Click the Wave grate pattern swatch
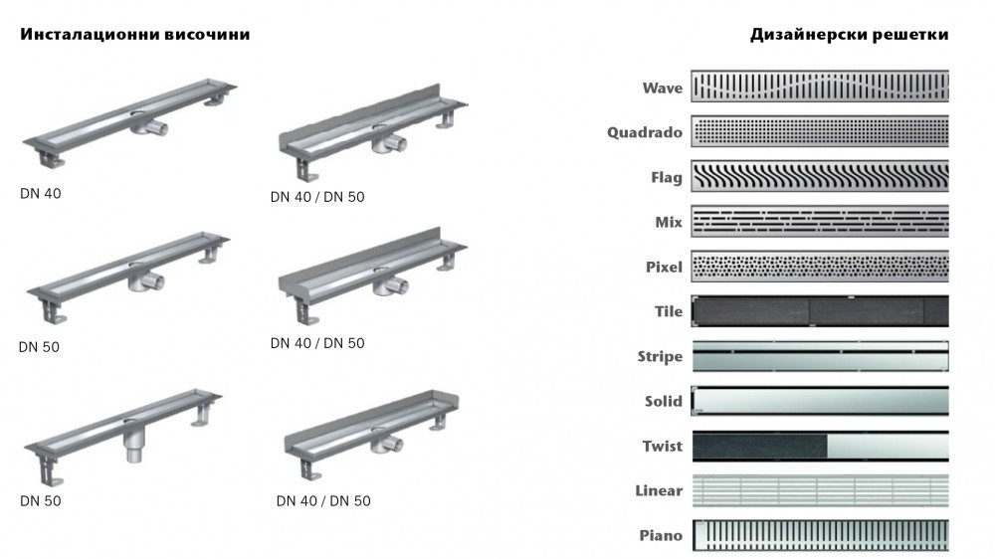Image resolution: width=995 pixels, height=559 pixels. (x=820, y=87)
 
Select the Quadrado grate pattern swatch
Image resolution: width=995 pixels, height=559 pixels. (x=820, y=132)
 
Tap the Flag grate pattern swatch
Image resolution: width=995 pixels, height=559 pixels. (x=820, y=177)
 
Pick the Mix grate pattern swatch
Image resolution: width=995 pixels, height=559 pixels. (x=820, y=222)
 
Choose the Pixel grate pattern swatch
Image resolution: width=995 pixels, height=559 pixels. (x=820, y=267)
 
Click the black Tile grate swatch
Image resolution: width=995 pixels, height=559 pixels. (x=820, y=311)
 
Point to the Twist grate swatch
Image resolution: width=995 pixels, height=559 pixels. (x=820, y=446)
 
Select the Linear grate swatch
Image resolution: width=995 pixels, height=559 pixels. (x=820, y=490)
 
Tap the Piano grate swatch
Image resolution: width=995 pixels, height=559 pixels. (x=820, y=535)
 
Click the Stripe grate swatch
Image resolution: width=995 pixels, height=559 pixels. (x=820, y=356)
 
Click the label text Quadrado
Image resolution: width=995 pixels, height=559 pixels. (x=645, y=133)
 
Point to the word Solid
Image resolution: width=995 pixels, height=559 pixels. (x=663, y=402)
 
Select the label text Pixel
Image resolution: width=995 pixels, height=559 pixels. (x=664, y=268)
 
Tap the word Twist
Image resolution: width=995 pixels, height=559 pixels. (x=662, y=447)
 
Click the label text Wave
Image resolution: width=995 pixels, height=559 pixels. (x=663, y=89)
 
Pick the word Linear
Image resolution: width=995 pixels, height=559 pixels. (x=659, y=491)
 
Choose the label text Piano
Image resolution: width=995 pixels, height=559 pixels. (x=661, y=536)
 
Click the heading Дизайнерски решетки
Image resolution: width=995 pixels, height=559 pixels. (x=849, y=35)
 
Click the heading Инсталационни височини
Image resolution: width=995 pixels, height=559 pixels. (x=134, y=35)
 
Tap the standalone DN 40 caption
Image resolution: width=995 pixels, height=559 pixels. (x=40, y=194)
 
